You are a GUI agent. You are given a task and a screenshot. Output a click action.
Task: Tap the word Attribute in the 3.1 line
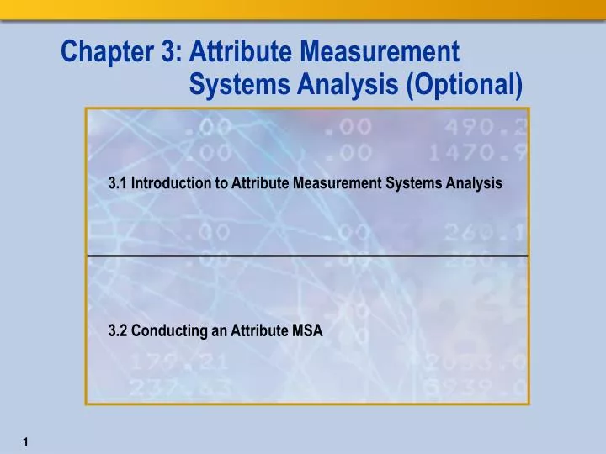[261, 182]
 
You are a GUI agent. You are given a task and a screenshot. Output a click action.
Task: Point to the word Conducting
[168, 331]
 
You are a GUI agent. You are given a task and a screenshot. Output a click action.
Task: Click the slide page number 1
[28, 441]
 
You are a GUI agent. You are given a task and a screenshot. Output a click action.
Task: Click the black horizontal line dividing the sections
[307, 254]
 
